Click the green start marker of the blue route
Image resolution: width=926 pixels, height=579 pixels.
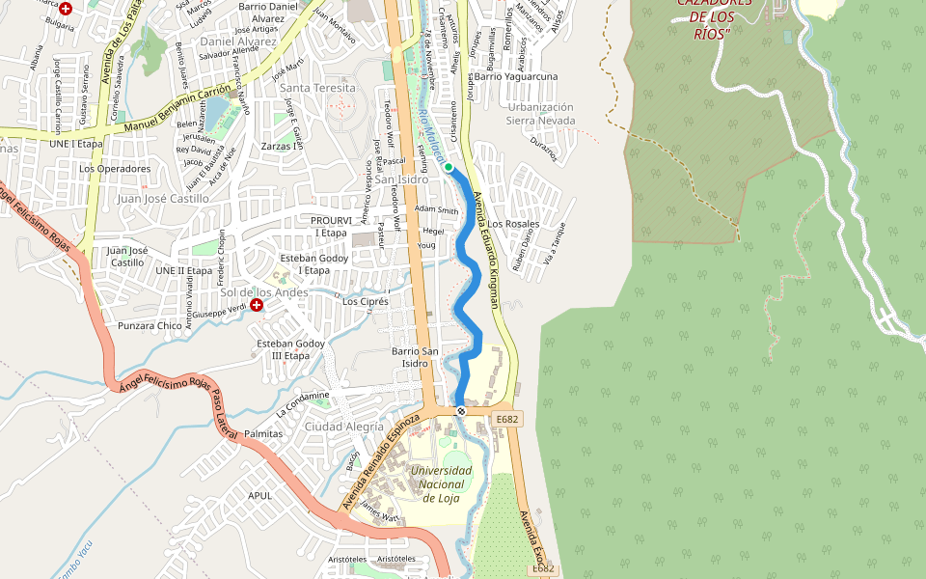click(x=449, y=167)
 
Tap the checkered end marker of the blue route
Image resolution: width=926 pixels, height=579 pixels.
click(x=461, y=411)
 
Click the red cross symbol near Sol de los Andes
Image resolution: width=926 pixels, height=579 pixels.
click(x=257, y=305)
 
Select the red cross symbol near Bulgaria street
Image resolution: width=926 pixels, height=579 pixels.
click(x=66, y=8)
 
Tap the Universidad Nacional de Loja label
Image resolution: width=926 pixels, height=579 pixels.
click(x=442, y=483)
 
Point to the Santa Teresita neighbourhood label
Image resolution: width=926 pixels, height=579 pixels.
click(x=317, y=88)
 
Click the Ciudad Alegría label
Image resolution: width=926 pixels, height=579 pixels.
click(x=343, y=427)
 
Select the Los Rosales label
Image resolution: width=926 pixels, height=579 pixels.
click(x=514, y=224)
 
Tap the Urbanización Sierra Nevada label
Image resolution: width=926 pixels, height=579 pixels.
click(x=541, y=114)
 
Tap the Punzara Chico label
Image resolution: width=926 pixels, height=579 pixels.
click(x=150, y=326)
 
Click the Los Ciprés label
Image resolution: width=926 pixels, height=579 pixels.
click(x=366, y=302)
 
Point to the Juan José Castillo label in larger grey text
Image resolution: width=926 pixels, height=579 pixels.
click(x=162, y=198)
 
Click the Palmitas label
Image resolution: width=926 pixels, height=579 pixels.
click(x=263, y=434)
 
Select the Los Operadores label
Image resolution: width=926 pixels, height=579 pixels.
click(x=115, y=169)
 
